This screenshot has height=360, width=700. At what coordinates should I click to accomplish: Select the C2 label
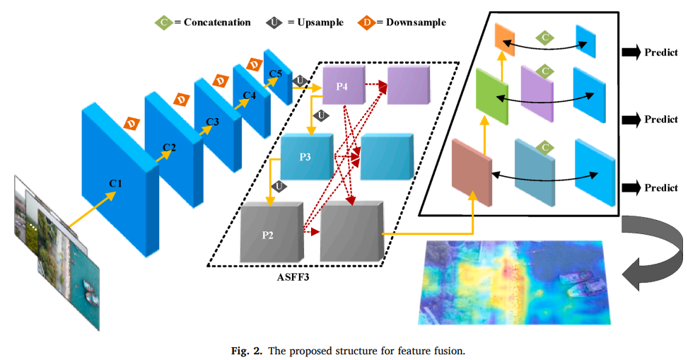[x=169, y=147]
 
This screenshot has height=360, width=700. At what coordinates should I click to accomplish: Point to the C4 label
[x=249, y=95]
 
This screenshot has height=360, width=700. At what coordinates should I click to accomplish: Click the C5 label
[x=276, y=73]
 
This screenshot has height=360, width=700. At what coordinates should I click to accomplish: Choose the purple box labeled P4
[x=342, y=86]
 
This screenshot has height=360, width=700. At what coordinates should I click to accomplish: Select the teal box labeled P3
[x=305, y=156]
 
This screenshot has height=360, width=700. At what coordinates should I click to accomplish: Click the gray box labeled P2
[x=268, y=234]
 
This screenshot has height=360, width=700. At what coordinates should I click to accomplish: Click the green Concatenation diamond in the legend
[x=163, y=22]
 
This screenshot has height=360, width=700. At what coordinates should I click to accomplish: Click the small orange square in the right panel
[x=505, y=38]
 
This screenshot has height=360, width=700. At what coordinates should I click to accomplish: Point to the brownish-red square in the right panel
[x=472, y=171]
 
